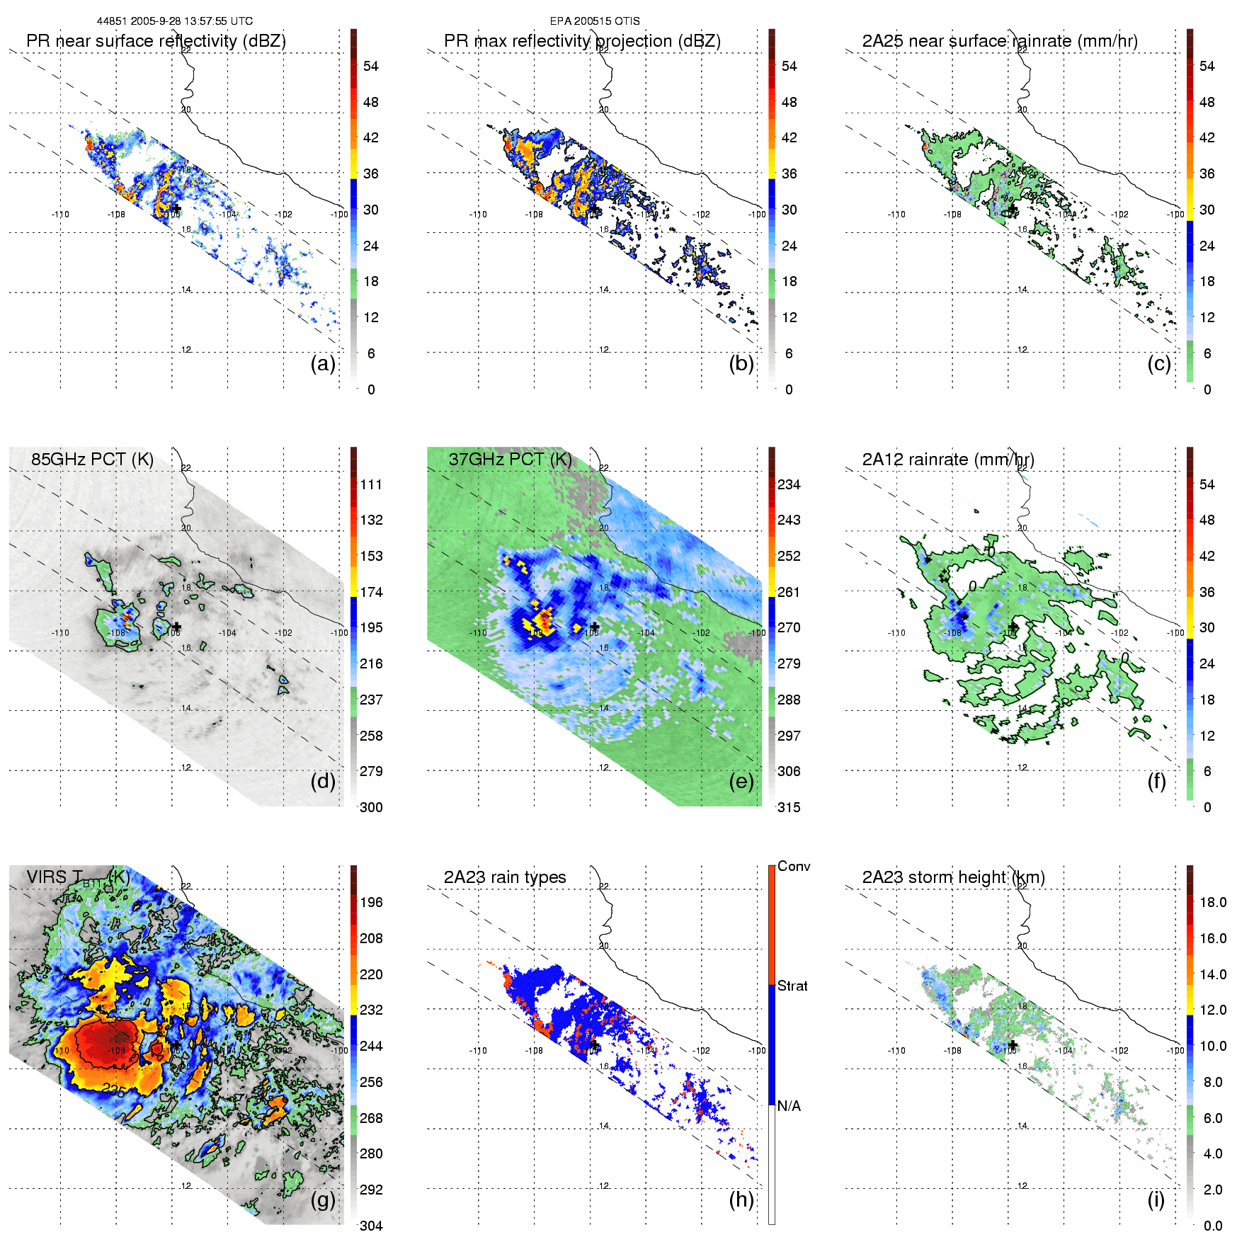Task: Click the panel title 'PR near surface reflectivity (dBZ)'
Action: [156, 41]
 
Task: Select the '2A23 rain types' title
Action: [505, 877]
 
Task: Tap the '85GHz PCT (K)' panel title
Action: [92, 460]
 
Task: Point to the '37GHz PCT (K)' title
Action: [510, 460]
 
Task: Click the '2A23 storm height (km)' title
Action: [953, 877]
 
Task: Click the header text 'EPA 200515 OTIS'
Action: [595, 21]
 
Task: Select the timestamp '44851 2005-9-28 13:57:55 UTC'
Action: [175, 21]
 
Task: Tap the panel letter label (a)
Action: [323, 364]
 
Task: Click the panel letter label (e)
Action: [741, 782]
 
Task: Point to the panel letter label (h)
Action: [741, 1199]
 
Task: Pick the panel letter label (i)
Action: [1156, 1199]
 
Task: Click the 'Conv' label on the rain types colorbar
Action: [794, 866]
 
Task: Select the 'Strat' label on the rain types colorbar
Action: [792, 986]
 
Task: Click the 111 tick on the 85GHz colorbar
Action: [371, 484]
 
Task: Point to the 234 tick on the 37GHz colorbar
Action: [789, 484]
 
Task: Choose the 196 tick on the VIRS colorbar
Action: [371, 902]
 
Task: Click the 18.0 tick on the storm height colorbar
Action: [1212, 902]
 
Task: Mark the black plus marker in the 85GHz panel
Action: [177, 626]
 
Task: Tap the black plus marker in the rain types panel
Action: [595, 1045]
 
